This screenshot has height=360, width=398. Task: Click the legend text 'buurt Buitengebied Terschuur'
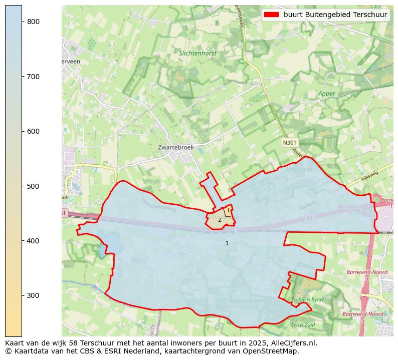tap(335, 15)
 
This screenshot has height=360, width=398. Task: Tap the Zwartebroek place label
tap(175, 148)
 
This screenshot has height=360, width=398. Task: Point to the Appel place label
tap(326, 94)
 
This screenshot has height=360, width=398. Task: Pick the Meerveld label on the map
tap(299, 170)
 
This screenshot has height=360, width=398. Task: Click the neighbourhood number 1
tap(228, 211)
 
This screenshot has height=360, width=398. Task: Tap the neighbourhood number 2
tap(220, 220)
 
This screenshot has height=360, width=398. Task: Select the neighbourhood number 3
tap(227, 243)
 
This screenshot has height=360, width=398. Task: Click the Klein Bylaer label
tap(312, 299)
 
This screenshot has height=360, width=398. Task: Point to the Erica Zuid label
tap(303, 325)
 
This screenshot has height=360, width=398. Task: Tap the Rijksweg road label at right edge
tap(370, 175)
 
